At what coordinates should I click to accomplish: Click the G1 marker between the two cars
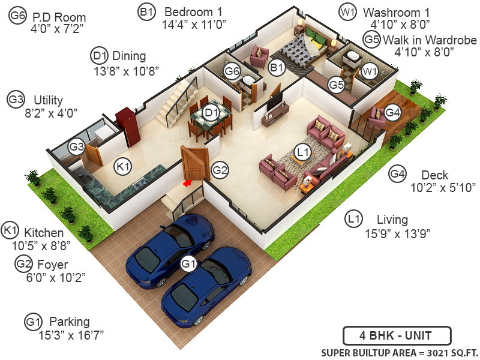click(189, 263)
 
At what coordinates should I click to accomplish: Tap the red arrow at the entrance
click(188, 182)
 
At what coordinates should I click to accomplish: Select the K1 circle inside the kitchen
click(123, 166)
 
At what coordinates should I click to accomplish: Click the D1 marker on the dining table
click(210, 112)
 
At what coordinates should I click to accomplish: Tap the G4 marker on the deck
click(392, 112)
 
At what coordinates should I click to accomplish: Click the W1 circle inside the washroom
click(368, 71)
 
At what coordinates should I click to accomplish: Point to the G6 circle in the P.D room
click(232, 71)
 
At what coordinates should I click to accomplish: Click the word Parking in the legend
click(69, 322)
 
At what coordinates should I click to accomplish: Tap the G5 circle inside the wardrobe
click(336, 85)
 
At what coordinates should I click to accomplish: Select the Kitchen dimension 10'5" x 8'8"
click(41, 245)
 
